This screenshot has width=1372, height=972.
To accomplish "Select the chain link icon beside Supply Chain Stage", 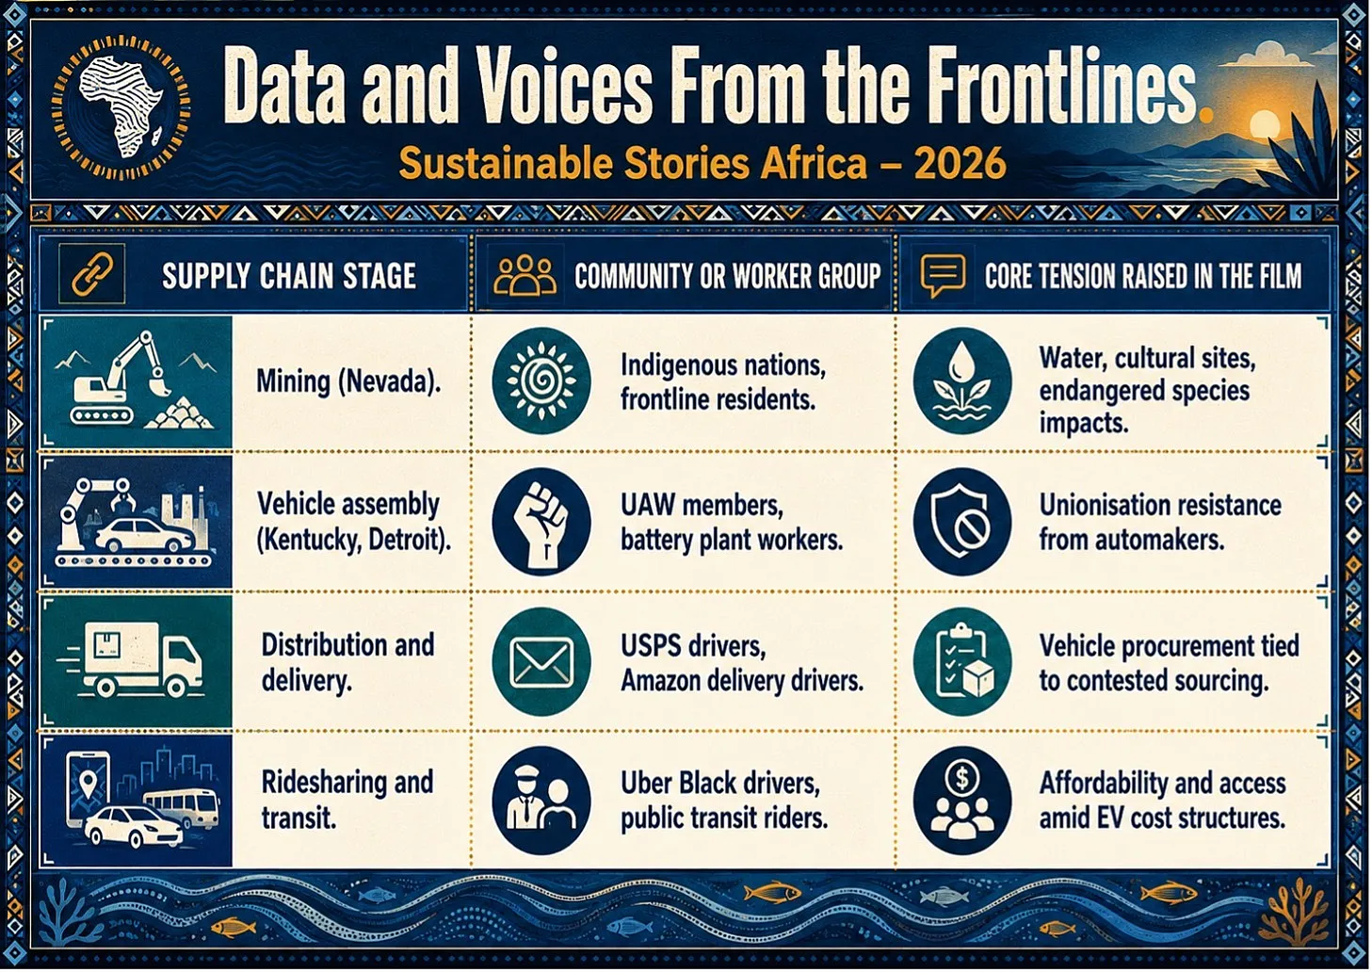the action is (x=92, y=274).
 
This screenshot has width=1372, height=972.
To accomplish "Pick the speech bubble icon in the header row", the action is (x=943, y=275).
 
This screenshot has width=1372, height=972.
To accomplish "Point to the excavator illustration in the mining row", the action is (x=118, y=378).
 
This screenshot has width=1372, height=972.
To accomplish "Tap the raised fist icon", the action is (x=541, y=522).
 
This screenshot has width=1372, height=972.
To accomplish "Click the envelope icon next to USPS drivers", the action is (x=541, y=661).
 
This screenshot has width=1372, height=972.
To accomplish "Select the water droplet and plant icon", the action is (x=961, y=381).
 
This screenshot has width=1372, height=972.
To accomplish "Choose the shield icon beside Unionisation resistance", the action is (x=961, y=522).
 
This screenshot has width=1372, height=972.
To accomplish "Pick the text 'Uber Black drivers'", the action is (x=719, y=782).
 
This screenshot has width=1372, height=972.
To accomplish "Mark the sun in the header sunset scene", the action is (x=1265, y=126).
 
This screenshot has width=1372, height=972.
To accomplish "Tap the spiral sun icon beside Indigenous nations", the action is (x=541, y=381).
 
